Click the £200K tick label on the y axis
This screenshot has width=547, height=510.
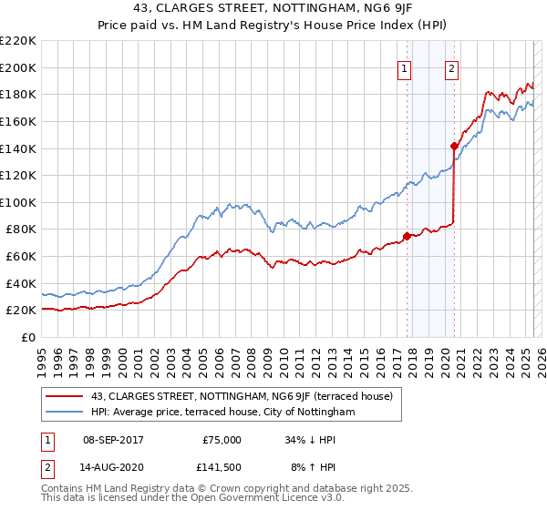tap(18, 67)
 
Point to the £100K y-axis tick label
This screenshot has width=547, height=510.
tap(18, 202)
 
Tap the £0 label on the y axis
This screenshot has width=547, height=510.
tap(27, 337)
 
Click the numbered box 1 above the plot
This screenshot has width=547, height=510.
tap(404, 66)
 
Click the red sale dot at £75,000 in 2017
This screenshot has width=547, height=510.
tap(407, 236)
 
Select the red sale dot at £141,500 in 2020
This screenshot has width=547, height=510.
tap(454, 146)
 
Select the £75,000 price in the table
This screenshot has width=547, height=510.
tap(222, 439)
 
